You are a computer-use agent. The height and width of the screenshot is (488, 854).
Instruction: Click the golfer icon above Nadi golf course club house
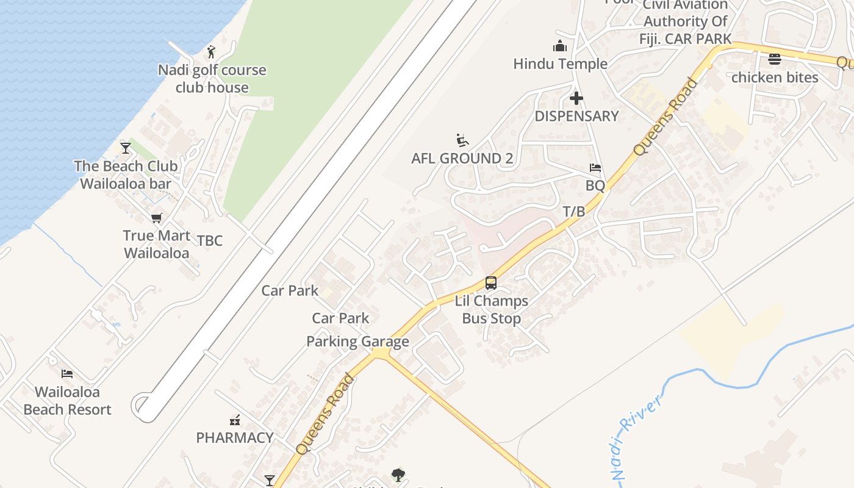point(211,51)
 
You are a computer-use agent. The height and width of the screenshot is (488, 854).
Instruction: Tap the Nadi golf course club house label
point(212,79)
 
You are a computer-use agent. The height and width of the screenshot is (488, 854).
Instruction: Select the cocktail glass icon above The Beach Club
point(126,148)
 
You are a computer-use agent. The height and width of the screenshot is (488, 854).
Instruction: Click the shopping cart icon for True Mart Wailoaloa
point(157,218)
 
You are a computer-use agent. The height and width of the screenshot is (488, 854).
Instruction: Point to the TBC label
point(210,240)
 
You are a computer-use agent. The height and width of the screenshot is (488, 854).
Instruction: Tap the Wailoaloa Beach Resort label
point(67,401)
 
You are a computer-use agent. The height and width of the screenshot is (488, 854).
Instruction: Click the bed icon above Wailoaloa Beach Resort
point(67,373)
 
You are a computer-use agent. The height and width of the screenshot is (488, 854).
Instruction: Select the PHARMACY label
point(235,437)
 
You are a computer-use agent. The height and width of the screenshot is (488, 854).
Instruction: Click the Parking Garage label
point(357,342)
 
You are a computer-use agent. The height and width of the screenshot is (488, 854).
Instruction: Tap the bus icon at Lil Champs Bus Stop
point(491,283)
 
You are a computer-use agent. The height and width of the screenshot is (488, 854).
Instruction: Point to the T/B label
point(573,212)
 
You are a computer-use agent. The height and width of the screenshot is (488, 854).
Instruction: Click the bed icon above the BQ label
point(595,168)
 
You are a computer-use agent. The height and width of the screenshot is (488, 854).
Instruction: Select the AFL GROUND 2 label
point(462,159)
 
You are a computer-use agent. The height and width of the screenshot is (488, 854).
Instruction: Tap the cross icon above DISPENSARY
point(576,98)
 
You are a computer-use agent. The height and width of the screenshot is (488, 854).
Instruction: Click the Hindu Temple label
point(560,63)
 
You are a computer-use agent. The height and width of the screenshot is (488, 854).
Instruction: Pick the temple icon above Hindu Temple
point(560,46)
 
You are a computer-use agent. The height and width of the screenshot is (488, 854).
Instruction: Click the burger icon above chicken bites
point(775,59)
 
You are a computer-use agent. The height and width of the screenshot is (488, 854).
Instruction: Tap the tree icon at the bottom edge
point(398,474)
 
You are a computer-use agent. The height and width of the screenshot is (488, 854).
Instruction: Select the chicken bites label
point(775,77)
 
